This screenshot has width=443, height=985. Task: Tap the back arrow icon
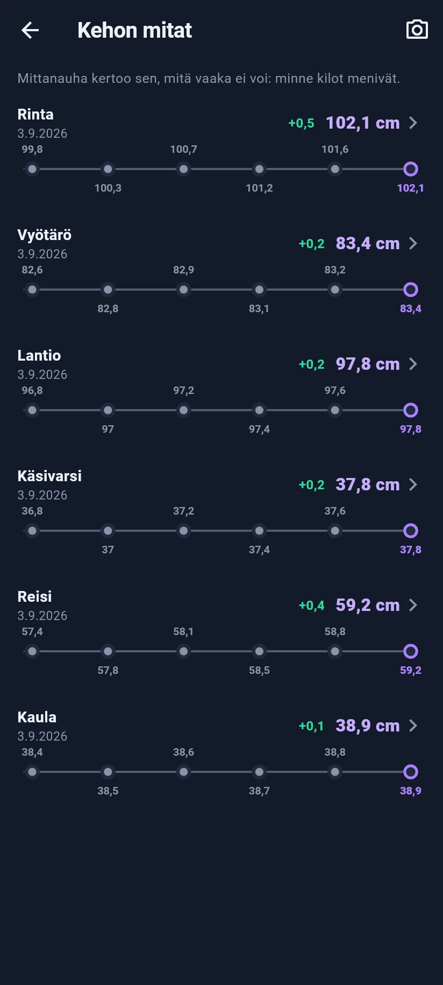(30, 30)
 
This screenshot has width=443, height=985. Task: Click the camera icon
(417, 30)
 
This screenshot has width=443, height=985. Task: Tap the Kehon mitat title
(134, 30)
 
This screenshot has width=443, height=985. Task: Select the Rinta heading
(35, 114)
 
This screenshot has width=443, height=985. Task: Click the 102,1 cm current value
(363, 123)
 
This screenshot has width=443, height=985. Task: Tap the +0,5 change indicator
(301, 123)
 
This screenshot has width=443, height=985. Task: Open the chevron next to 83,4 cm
(413, 243)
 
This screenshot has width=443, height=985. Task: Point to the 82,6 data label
(32, 270)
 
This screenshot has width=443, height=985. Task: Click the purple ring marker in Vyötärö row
(411, 290)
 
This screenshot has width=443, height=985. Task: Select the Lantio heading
(39, 355)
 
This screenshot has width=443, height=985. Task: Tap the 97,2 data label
(183, 390)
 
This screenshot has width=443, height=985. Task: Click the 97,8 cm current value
(368, 364)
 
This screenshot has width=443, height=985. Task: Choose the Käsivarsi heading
(49, 476)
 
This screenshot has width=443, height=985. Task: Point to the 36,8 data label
(32, 511)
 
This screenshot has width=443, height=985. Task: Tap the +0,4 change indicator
(311, 606)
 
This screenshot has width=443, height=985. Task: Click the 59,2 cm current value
(368, 605)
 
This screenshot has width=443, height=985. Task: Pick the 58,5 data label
(259, 670)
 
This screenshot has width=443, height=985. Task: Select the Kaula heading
(37, 717)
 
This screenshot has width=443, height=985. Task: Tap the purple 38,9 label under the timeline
(411, 791)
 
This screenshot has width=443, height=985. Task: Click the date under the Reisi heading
(42, 615)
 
